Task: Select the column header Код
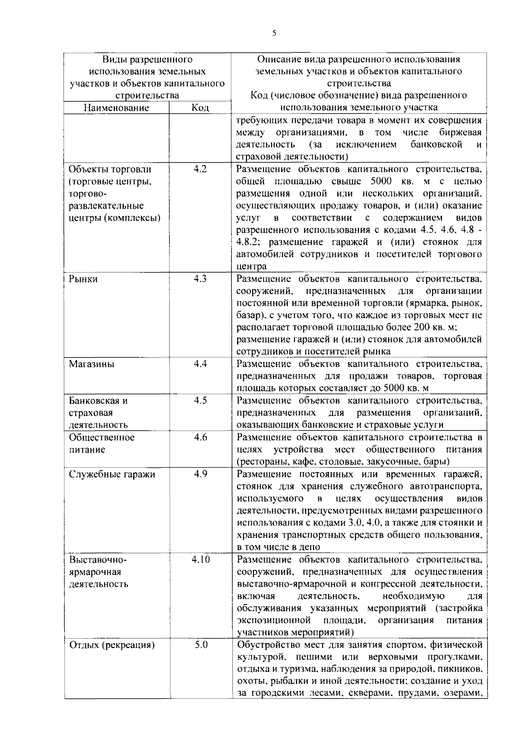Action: pos(200,108)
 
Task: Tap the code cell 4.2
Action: pos(200,169)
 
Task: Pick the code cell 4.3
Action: pos(200,279)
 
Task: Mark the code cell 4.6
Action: pos(200,437)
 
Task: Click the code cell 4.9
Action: pos(200,474)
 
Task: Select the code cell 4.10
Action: pos(201,560)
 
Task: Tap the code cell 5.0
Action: pos(201,645)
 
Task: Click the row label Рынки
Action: pos(83,279)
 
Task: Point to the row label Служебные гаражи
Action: pos(112,474)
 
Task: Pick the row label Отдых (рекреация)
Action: pos(112,646)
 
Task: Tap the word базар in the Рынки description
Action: pos(248,315)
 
